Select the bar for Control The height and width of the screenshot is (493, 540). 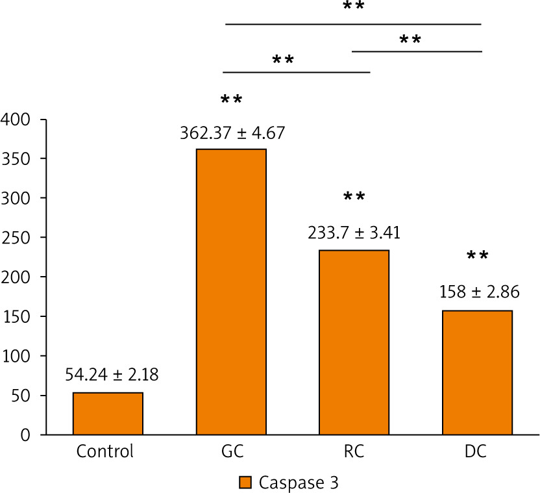pos(108,413)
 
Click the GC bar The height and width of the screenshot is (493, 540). pos(231,292)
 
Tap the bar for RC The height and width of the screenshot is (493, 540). pos(354,342)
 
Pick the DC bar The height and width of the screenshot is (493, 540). pos(478,372)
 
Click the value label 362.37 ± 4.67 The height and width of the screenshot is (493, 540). pos(232,134)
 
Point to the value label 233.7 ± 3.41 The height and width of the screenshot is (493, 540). pos(354,232)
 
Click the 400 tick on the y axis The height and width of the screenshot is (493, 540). pos(18,120)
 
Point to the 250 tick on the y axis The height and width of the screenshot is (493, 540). pos(18,238)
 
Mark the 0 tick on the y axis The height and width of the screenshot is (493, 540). pos(26,435)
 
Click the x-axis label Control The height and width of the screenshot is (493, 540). pos(105,451)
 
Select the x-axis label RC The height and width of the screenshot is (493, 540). pos(354,451)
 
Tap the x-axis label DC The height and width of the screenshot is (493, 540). pos(476,451)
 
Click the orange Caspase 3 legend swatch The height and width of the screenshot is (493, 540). pos(244,483)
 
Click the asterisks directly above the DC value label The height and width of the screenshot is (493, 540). pos(478,256)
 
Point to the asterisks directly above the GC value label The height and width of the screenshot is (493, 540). pos(232,100)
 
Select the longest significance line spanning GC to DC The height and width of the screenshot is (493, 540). pos(353,24)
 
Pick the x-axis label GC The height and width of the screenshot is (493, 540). pos(231,451)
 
